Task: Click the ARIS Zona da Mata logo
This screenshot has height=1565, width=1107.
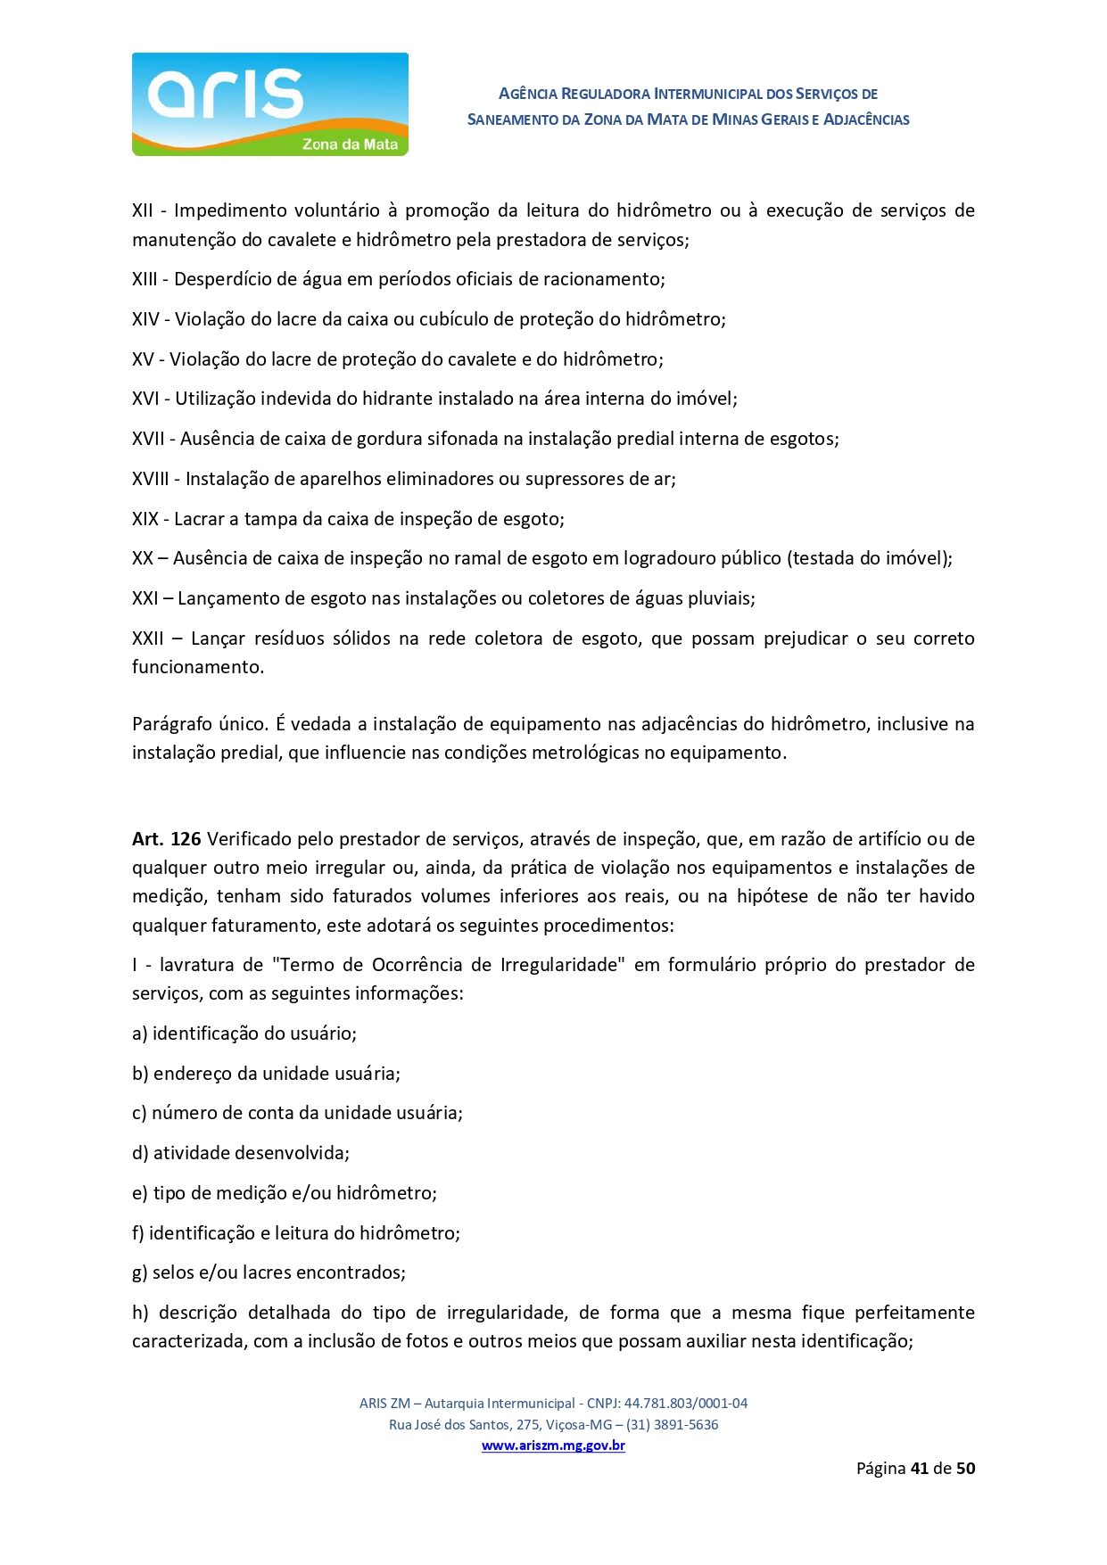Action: pyautogui.click(x=269, y=104)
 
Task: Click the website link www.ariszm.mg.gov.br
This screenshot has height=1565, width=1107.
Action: pyautogui.click(x=553, y=1446)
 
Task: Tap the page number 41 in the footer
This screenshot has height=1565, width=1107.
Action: pyautogui.click(x=920, y=1468)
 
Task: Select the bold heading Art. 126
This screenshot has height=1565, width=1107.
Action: pyautogui.click(x=167, y=839)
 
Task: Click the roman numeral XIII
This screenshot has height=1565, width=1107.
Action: pyautogui.click(x=145, y=279)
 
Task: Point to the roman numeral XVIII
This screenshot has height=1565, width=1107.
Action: pyautogui.click(x=150, y=479)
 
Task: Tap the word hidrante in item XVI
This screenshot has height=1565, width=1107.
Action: pyautogui.click(x=393, y=399)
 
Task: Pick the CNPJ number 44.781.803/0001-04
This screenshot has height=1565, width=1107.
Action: pyautogui.click(x=686, y=1403)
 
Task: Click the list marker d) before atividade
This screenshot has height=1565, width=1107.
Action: pyautogui.click(x=140, y=1153)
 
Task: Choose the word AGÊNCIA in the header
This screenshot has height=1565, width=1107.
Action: pyautogui.click(x=528, y=94)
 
